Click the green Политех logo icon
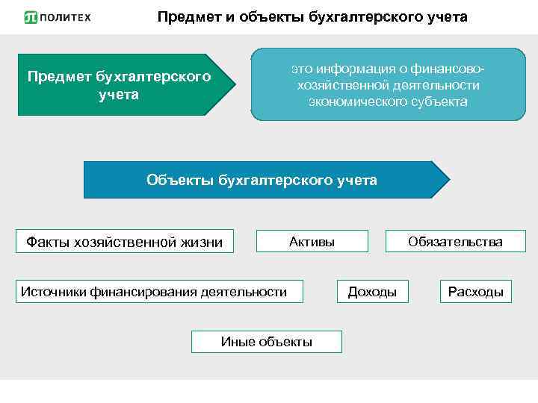(x=31, y=17)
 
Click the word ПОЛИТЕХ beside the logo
(x=65, y=17)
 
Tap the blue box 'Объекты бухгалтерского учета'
(x=262, y=180)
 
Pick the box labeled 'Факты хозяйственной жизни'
(x=125, y=241)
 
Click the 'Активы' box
(x=312, y=241)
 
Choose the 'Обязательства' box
(x=455, y=241)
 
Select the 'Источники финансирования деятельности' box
(x=154, y=291)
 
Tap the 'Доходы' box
(x=372, y=291)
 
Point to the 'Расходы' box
(x=475, y=291)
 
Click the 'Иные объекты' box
(x=267, y=342)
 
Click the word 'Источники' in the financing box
(x=53, y=291)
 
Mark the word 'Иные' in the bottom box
(x=238, y=342)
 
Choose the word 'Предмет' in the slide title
(x=188, y=16)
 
